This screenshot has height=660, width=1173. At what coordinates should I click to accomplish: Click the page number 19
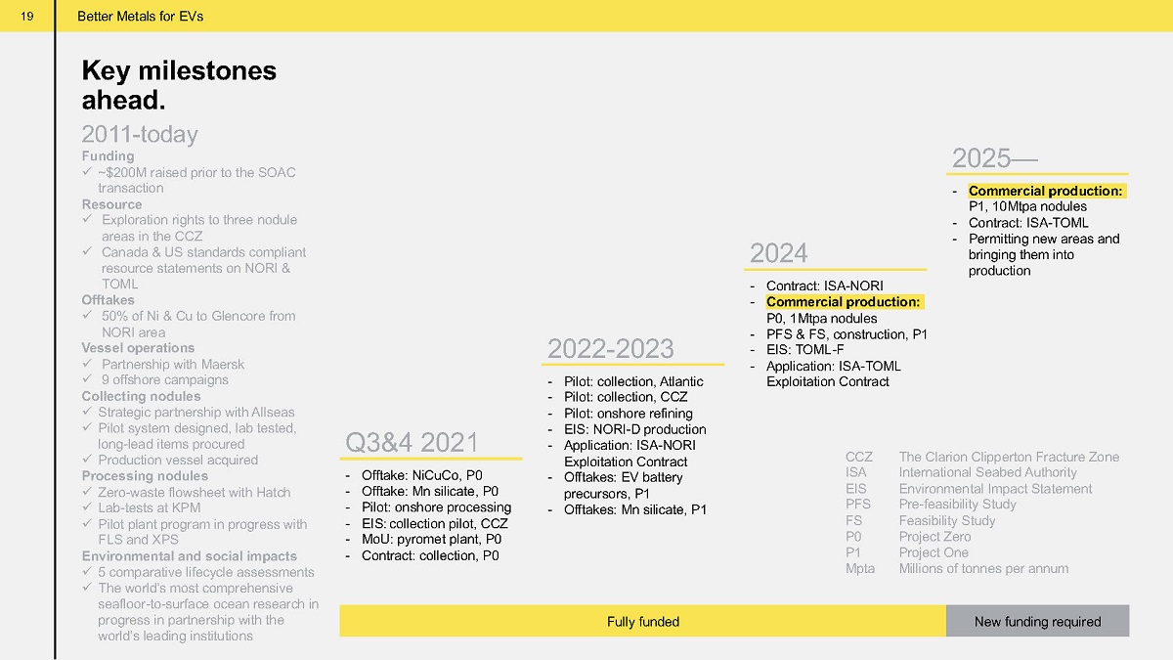tap(27, 17)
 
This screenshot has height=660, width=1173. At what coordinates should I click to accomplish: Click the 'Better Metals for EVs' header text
tap(141, 17)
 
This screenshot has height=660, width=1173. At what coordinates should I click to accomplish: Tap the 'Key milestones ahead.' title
tap(179, 85)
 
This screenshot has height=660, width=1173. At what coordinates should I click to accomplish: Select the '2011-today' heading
tap(140, 134)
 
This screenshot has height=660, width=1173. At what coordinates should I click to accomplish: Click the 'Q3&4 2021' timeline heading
tap(412, 442)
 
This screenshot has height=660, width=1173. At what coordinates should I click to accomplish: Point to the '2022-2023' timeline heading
tap(611, 348)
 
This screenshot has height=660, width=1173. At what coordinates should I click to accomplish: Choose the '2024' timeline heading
tap(779, 253)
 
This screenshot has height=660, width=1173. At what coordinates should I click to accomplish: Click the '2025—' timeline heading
tap(994, 157)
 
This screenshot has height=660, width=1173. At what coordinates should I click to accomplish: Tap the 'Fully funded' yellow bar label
tap(643, 621)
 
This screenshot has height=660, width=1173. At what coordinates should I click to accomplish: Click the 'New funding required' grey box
tap(1037, 621)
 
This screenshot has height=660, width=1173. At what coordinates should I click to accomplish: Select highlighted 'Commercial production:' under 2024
tap(843, 302)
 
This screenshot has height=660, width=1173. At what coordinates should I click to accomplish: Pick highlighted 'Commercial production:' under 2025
tap(1046, 191)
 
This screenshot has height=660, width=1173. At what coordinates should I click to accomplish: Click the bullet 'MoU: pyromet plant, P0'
tap(431, 539)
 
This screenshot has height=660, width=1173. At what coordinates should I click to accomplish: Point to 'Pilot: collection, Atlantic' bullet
tap(633, 381)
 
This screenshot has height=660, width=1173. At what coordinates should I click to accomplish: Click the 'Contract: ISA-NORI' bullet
tap(825, 286)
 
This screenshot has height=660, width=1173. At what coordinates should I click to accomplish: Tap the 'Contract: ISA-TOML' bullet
tap(1028, 223)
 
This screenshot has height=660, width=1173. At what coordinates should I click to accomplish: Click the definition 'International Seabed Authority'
tap(987, 472)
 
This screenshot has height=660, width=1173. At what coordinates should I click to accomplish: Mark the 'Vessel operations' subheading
tap(138, 348)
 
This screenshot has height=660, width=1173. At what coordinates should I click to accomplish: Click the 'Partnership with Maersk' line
tap(173, 364)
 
